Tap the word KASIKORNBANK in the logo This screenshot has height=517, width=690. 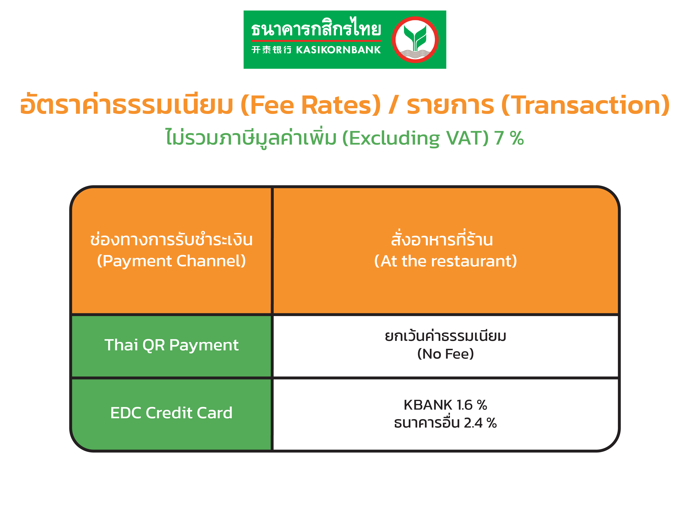(338, 50)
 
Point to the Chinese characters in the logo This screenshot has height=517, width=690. (271, 50)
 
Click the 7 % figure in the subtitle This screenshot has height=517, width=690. (509, 138)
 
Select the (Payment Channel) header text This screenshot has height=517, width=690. (171, 261)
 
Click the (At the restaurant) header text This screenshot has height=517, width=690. (445, 261)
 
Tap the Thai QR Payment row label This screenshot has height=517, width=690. (171, 345)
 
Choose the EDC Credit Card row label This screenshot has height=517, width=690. (171, 413)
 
